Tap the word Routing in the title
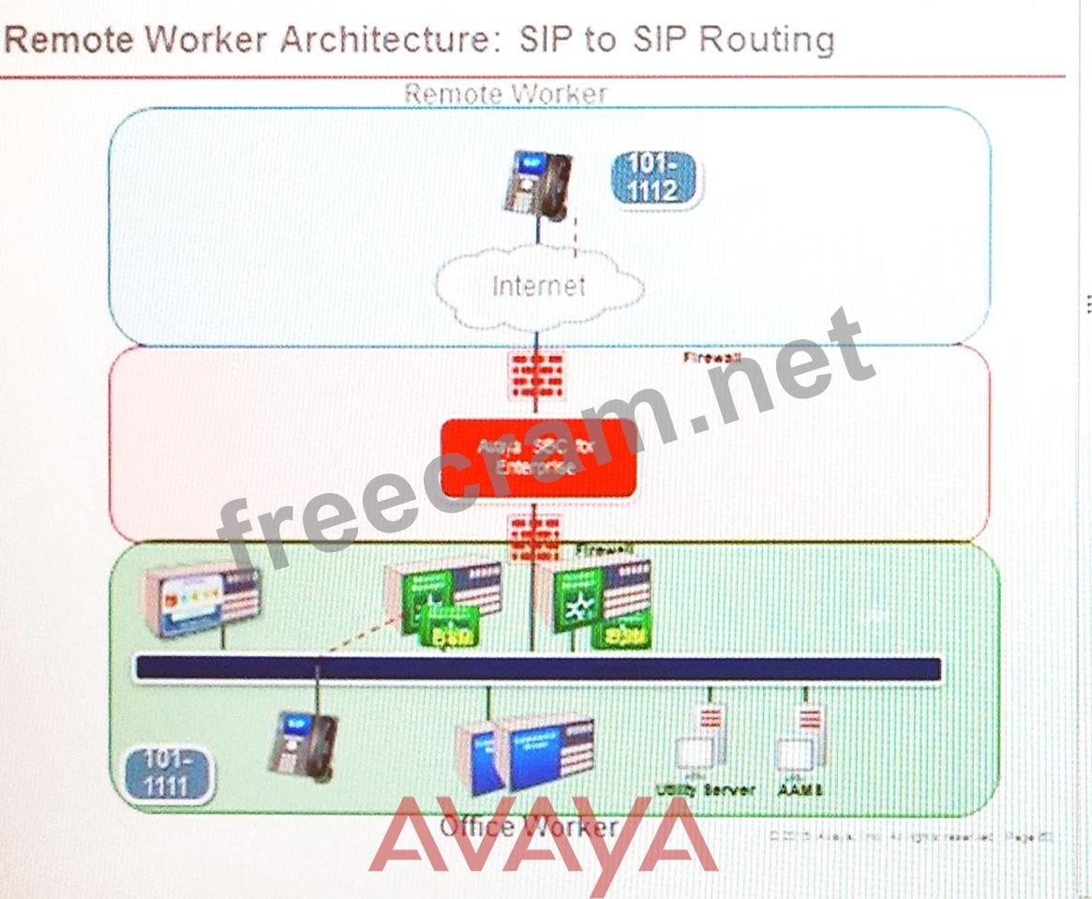pyautogui.click(x=765, y=40)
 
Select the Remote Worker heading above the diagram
pyautogui.click(x=505, y=94)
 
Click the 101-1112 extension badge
pyautogui.click(x=656, y=178)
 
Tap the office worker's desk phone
pyautogui.click(x=302, y=743)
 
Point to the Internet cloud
pyautogui.click(x=538, y=285)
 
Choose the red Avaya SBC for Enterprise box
pyautogui.click(x=539, y=458)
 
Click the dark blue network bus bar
pyautogui.click(x=538, y=668)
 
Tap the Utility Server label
pyautogui.click(x=705, y=790)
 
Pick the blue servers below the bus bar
pyautogui.click(x=528, y=753)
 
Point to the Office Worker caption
pyautogui.click(x=528, y=827)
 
